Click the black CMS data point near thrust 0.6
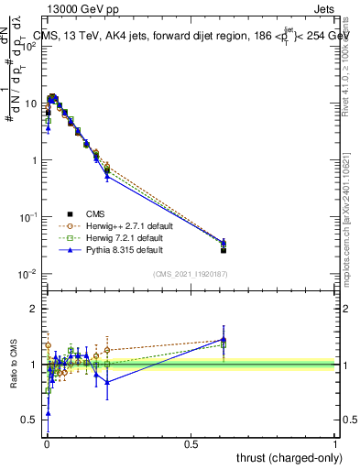pos(224,250)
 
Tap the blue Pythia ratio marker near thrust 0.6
pos(224,340)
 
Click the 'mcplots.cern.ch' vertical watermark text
pos(350,238)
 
